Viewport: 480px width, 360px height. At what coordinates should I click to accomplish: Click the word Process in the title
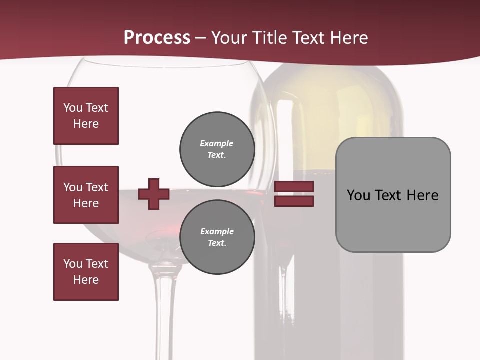click(x=157, y=37)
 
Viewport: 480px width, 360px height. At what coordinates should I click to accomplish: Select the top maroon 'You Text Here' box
click(x=86, y=116)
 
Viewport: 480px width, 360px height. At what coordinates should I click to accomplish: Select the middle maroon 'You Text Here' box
click(x=86, y=195)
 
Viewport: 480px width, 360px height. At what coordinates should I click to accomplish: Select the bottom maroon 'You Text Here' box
click(x=86, y=272)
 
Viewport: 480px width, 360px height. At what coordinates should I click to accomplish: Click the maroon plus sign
click(x=154, y=194)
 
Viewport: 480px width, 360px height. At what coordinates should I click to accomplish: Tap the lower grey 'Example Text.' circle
click(x=217, y=237)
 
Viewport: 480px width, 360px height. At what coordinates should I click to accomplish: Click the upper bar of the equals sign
click(x=294, y=187)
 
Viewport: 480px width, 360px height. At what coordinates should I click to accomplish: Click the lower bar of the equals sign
click(x=294, y=201)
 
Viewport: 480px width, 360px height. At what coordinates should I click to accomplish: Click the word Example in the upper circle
click(x=216, y=143)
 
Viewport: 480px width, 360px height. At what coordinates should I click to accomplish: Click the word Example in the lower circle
click(x=217, y=231)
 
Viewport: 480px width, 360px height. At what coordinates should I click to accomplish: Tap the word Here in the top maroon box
click(x=86, y=124)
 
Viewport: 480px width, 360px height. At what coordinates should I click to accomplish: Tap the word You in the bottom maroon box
click(x=72, y=264)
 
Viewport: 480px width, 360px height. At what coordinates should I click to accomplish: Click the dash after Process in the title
click(x=201, y=38)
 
